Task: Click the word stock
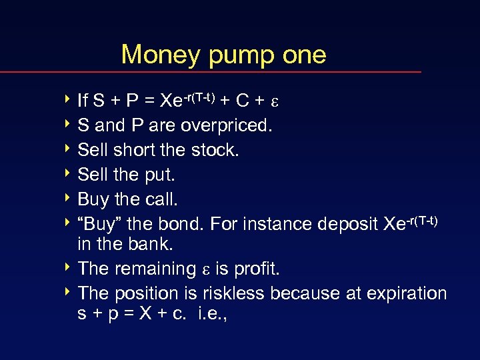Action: click(x=213, y=150)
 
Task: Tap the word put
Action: click(x=161, y=175)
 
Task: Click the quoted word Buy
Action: click(x=101, y=224)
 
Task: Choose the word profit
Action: click(x=256, y=269)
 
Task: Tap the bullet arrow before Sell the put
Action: click(x=70, y=174)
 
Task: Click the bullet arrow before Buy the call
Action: click(x=70, y=199)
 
